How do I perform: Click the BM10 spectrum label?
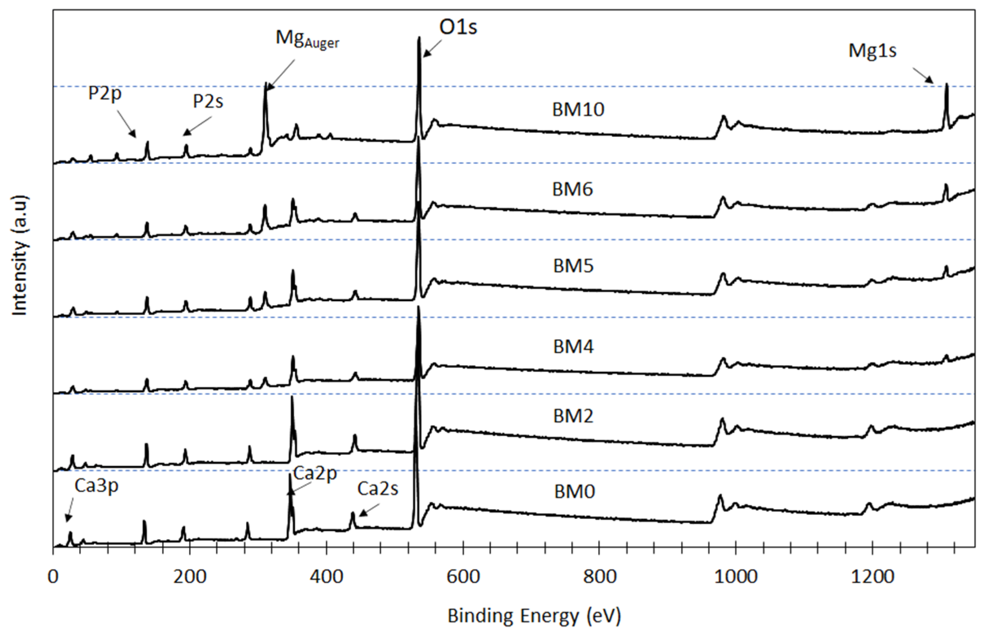click(578, 110)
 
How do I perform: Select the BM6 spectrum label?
click(572, 189)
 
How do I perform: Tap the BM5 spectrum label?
click(573, 266)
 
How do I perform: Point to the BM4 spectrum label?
click(573, 347)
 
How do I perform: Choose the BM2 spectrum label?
click(573, 416)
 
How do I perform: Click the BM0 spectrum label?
click(574, 492)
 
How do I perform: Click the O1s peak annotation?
click(458, 28)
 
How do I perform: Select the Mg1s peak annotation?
click(872, 51)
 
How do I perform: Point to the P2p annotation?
click(105, 93)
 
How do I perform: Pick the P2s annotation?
click(208, 102)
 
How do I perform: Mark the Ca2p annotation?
click(315, 473)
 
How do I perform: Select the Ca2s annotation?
click(377, 489)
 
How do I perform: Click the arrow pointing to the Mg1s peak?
click(923, 76)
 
